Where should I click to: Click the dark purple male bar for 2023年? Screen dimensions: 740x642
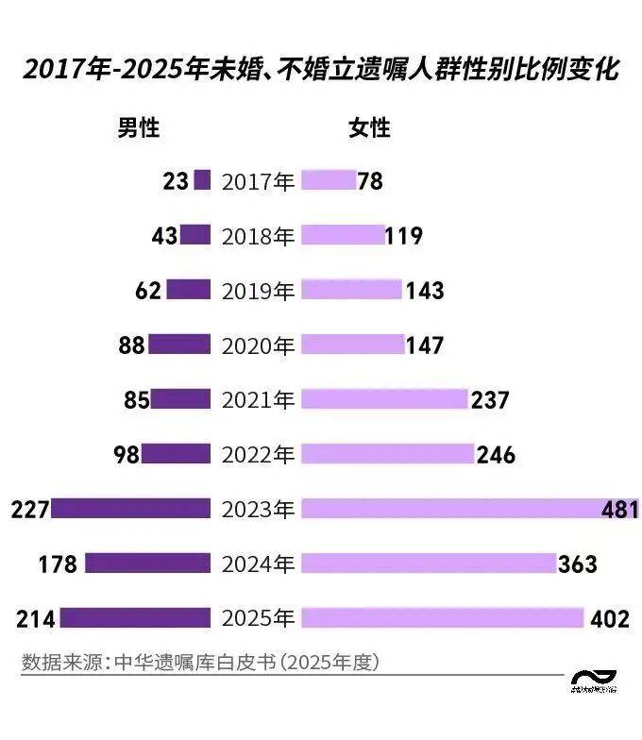coord(130,510)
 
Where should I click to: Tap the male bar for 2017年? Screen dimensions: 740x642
coord(201,181)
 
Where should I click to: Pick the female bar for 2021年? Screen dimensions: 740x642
coord(384,400)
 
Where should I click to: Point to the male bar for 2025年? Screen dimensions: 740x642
coord(134,619)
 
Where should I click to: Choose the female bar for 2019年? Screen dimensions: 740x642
coord(351,291)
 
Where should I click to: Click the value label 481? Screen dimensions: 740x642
coord(620,510)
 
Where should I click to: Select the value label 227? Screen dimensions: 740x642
coord(29,510)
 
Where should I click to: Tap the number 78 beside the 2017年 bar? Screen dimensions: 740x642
coord(371,181)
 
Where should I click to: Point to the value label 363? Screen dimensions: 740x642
coord(578,564)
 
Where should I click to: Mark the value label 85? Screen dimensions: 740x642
coord(137,400)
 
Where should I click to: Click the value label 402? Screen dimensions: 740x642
coord(609,619)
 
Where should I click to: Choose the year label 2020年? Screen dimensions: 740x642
coord(258,345)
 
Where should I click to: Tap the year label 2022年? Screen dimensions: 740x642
coord(258,455)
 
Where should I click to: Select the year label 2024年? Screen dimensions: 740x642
coord(258,564)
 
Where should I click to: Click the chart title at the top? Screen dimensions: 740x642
coord(321,70)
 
